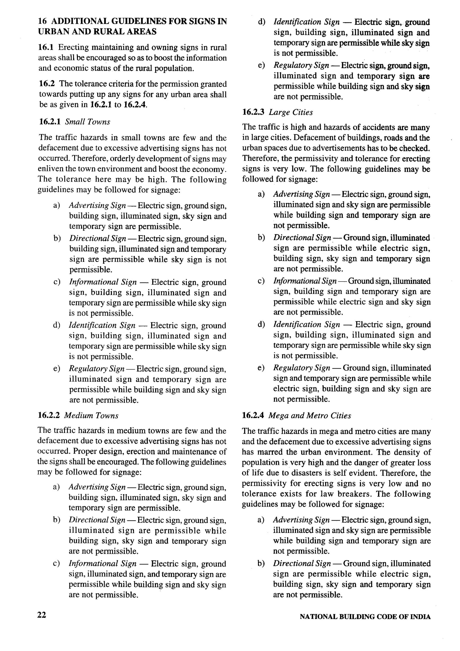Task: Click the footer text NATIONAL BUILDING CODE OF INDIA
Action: click(365, 616)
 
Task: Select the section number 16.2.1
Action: click(50, 122)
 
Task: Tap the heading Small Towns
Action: click(87, 122)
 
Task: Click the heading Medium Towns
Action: click(91, 415)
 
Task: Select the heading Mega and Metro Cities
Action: click(310, 415)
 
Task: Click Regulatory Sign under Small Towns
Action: click(97, 369)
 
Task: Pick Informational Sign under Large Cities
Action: click(305, 281)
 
